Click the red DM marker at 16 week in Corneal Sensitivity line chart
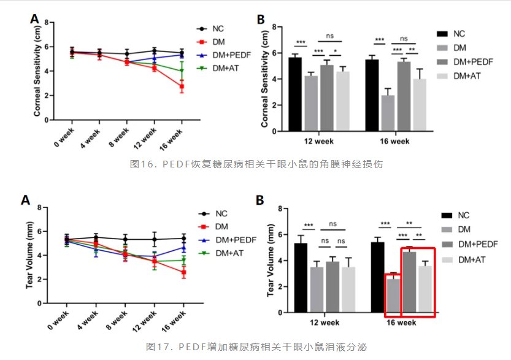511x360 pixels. [182, 87]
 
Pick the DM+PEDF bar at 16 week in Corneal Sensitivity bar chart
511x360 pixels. [404, 95]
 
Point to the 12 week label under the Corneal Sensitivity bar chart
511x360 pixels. [319, 141]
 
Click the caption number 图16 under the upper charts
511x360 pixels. [142, 164]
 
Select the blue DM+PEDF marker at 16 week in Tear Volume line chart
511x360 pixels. [182, 248]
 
